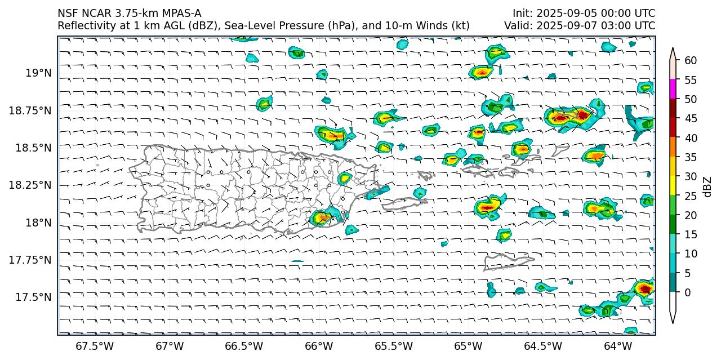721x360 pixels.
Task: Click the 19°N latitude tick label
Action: [38, 73]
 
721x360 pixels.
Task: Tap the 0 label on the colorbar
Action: [687, 292]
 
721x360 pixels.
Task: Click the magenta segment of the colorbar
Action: [673, 90]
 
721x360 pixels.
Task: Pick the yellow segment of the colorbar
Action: [673, 186]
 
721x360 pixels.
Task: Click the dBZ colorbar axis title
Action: [707, 186]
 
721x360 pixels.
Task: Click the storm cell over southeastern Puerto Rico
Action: [323, 217]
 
